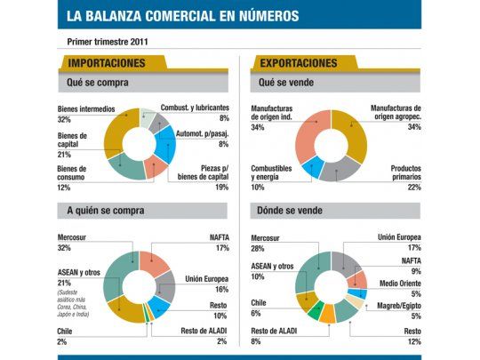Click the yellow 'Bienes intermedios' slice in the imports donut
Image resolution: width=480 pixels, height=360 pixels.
115,133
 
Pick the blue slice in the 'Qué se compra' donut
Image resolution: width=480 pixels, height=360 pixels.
166,139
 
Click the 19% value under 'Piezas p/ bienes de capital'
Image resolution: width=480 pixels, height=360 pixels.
221,187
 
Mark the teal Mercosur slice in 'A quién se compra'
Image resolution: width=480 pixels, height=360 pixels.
116,280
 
